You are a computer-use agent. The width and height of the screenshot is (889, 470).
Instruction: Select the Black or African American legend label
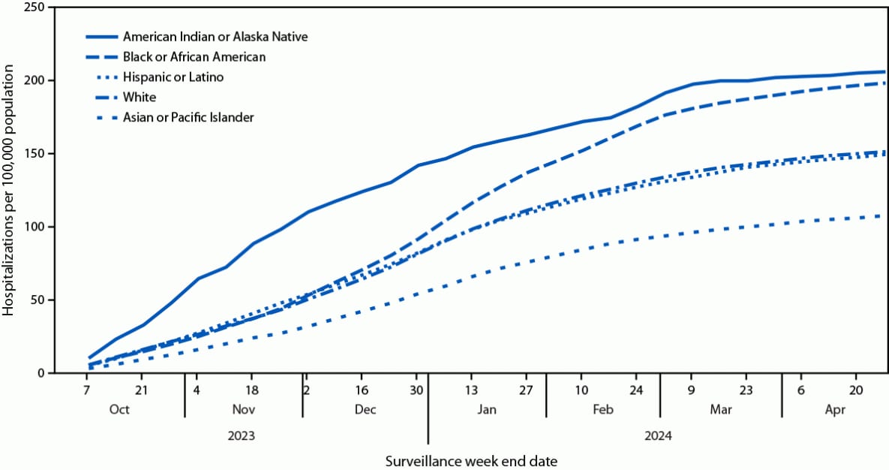pyautogui.click(x=194, y=56)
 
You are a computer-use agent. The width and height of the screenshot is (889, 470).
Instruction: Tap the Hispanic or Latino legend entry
pyautogui.click(x=173, y=77)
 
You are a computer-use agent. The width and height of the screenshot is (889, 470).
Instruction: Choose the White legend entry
pyautogui.click(x=140, y=97)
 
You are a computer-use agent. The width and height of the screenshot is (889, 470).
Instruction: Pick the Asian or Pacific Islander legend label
pyautogui.click(x=188, y=117)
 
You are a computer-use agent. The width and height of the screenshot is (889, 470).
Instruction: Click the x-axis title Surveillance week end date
pyautogui.click(x=472, y=459)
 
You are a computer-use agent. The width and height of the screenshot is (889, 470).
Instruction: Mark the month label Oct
pyautogui.click(x=119, y=409)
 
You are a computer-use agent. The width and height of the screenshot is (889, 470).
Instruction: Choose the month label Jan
pyautogui.click(x=487, y=409)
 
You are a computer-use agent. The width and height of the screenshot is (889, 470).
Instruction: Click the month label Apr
pyautogui.click(x=835, y=409)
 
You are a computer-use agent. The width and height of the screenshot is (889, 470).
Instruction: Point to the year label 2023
pyautogui.click(x=242, y=435)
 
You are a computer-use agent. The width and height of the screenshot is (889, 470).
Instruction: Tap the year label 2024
pyautogui.click(x=657, y=435)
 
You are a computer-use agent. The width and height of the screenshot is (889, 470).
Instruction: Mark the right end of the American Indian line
pyautogui.click(x=884, y=72)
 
